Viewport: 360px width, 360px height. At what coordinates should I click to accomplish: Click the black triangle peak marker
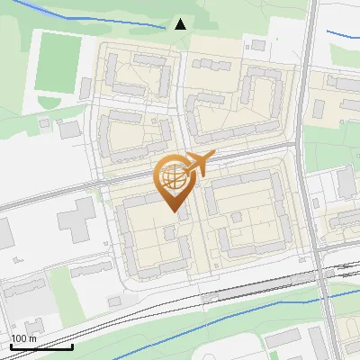(x=180, y=23)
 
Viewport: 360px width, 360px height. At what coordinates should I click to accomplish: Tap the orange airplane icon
(x=197, y=164)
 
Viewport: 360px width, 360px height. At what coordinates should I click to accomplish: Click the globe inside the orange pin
(x=173, y=177)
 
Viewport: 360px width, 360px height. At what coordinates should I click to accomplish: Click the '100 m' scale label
(x=24, y=338)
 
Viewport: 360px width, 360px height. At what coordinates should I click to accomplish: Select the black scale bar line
(x=41, y=346)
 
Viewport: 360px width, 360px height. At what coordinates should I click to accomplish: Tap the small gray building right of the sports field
(x=85, y=87)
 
